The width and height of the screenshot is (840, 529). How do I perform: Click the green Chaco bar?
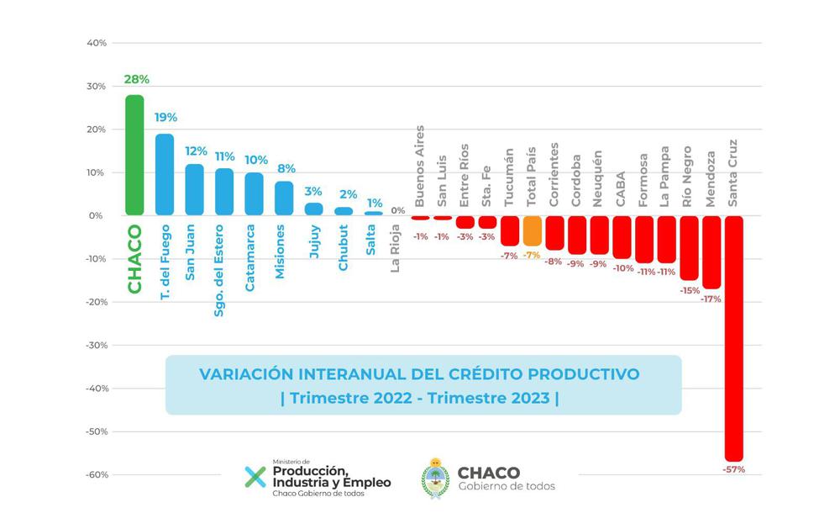point(134,156)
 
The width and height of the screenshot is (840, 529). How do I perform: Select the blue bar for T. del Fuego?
point(165,175)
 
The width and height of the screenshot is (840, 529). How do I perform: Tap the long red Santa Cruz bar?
point(733,336)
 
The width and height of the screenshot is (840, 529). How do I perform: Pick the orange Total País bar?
point(532,230)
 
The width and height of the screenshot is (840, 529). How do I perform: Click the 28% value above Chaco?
point(136,80)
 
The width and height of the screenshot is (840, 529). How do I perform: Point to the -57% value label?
point(733,468)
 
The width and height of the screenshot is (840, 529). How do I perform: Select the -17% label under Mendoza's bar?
point(711,299)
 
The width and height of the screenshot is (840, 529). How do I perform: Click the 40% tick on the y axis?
point(95,43)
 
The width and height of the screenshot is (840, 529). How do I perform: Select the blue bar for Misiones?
point(284,198)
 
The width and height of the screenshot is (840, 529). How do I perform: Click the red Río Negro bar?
point(689,247)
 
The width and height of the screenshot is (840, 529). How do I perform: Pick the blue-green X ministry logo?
point(254,477)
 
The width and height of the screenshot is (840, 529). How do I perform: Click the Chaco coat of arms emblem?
point(435,479)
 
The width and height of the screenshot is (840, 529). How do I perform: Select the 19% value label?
point(165,118)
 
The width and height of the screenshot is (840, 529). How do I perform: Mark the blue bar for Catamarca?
point(254,194)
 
